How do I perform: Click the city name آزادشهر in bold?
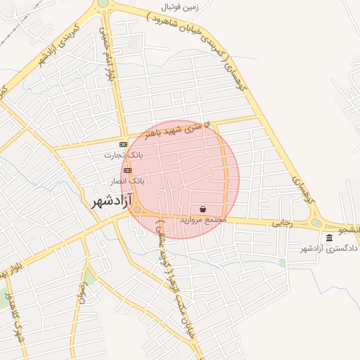(x=112, y=202)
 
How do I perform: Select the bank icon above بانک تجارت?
(x=124, y=144)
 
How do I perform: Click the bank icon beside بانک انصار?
(x=127, y=170)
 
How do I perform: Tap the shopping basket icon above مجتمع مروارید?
(x=203, y=209)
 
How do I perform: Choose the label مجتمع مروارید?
(x=203, y=220)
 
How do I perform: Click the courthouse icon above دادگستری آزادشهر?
(x=330, y=238)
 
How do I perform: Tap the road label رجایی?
(x=282, y=223)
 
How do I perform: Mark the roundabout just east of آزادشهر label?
(x=136, y=209)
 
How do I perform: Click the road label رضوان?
(x=84, y=290)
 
